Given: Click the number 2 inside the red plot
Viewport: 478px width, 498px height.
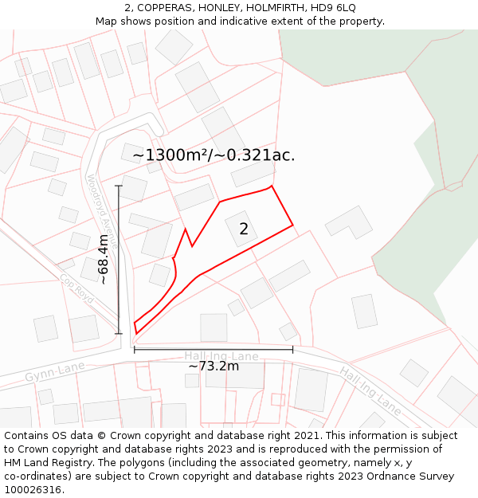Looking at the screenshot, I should (x=244, y=229).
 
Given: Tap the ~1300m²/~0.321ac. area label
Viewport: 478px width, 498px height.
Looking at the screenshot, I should (x=214, y=155).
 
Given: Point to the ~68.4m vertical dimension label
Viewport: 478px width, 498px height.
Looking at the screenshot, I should (x=104, y=259).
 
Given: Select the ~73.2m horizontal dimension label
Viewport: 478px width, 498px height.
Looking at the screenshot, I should (x=214, y=367).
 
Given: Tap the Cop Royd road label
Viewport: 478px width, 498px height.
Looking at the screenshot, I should (x=76, y=288).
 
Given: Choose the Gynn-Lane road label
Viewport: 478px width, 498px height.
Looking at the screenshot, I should (x=54, y=371).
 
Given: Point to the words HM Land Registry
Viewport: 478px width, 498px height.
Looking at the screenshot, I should (x=45, y=463).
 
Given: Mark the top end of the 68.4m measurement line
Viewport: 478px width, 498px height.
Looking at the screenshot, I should (x=119, y=186).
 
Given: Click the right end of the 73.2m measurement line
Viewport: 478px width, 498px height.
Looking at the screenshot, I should (x=292, y=349).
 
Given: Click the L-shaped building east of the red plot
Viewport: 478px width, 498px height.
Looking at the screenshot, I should (x=348, y=222).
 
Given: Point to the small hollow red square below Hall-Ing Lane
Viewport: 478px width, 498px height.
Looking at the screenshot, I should (x=277, y=399).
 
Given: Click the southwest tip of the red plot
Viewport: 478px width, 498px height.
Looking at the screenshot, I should (x=135, y=332).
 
